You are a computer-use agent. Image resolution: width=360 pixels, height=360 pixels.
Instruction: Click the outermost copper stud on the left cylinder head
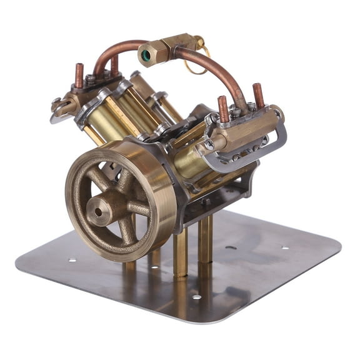[x=80, y=74]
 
